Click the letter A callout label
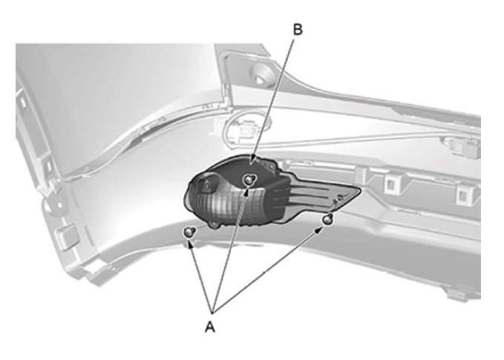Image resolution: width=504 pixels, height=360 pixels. tap(209, 327)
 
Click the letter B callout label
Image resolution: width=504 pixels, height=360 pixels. tap(298, 29)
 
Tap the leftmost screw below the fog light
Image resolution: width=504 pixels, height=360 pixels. tap(189, 232)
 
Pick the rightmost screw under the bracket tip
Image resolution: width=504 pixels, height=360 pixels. tap(327, 220)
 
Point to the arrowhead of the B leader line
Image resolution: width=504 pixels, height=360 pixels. tap(252, 160)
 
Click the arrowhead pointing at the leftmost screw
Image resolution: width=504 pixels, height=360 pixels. tap(190, 244)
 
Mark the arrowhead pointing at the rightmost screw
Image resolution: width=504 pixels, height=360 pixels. tap(319, 230)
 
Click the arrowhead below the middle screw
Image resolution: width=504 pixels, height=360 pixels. tap(246, 192)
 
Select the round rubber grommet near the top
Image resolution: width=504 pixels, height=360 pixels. tap(261, 73)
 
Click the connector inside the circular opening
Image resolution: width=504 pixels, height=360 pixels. tap(246, 129)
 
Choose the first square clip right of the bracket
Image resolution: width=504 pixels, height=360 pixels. tap(391, 184)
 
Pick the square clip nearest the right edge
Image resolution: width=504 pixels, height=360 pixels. tap(464, 194)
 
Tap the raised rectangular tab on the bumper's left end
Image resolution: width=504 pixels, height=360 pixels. tap(65, 236)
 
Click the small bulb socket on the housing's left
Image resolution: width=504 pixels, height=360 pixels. tap(206, 184)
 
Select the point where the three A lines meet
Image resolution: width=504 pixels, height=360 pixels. tap(212, 312)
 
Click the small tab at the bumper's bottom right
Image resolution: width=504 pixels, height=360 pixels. tap(456, 295)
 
